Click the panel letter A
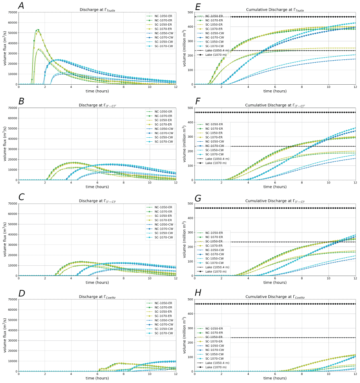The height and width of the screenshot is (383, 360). (21, 6)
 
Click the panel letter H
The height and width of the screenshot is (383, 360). (198, 293)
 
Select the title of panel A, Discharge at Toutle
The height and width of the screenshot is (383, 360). (97, 10)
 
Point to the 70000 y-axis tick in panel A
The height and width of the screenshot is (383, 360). (10, 12)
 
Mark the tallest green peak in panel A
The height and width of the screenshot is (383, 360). (38, 29)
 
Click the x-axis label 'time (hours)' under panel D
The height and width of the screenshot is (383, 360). (97, 379)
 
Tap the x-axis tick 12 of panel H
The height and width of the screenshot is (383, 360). (355, 375)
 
